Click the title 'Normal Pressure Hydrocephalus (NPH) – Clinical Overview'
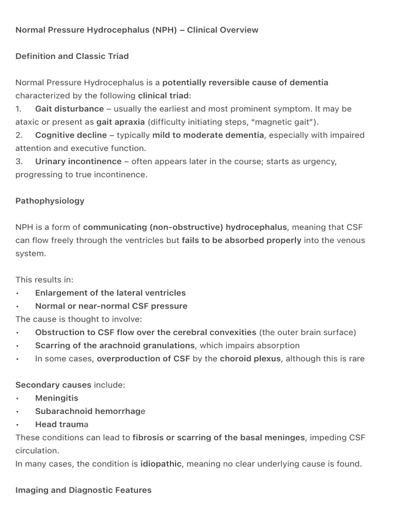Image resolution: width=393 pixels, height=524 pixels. click(x=137, y=30)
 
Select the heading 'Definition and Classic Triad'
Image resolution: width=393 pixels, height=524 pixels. click(x=72, y=56)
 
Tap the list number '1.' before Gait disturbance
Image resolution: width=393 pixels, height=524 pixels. click(x=18, y=109)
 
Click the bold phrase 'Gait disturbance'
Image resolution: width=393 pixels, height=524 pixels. click(x=69, y=109)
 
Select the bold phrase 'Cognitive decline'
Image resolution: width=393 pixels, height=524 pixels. click(x=71, y=135)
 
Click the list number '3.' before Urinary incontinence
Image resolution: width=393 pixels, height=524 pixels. click(x=19, y=162)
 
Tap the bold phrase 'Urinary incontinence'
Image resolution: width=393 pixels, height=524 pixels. click(x=78, y=162)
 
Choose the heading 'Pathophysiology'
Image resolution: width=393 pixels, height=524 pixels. click(x=50, y=201)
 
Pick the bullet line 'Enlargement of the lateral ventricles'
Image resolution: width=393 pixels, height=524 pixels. click(x=110, y=293)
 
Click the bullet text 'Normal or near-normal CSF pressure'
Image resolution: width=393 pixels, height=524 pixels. click(x=111, y=306)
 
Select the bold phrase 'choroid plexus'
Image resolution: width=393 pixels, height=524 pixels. click(x=250, y=359)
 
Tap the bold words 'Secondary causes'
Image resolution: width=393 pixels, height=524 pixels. click(x=53, y=385)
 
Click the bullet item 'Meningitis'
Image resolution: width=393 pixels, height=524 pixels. click(x=56, y=398)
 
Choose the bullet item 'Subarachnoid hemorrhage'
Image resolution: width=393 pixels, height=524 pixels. click(x=90, y=411)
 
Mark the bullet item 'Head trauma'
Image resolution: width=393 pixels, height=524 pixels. click(x=61, y=424)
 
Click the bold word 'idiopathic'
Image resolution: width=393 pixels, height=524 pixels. click(x=161, y=464)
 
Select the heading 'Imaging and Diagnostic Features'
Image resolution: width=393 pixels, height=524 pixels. click(x=83, y=490)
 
